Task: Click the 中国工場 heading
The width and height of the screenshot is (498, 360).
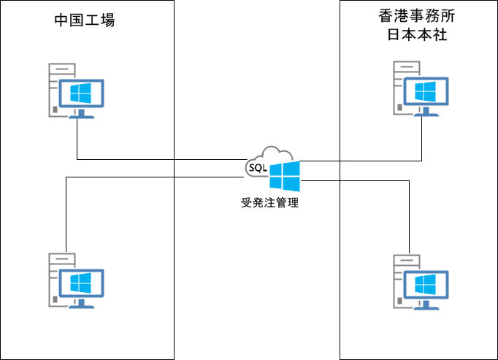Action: click(85, 20)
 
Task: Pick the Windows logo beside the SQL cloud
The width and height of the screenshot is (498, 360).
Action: click(284, 177)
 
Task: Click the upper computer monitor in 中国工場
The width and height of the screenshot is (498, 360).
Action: click(81, 93)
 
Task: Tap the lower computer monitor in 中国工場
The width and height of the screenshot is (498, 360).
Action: click(81, 283)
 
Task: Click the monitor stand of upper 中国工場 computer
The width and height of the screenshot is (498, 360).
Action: click(81, 113)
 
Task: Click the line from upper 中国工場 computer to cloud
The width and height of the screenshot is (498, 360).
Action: click(146, 159)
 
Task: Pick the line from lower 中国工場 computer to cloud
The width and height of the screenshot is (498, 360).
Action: click(146, 177)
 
